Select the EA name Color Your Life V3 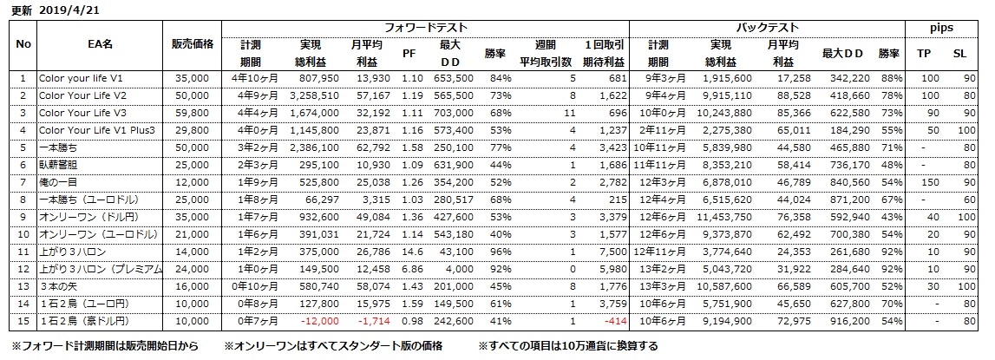(x=82, y=113)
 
